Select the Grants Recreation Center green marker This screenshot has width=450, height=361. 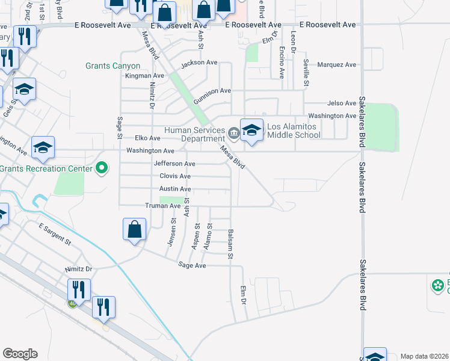tap(102, 168)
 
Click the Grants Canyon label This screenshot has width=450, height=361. tap(113, 66)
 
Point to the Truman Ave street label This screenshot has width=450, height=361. tap(162, 206)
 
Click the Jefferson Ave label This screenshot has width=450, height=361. tap(174, 164)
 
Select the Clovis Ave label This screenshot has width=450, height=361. tap(175, 176)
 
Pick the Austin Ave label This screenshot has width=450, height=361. tap(175, 189)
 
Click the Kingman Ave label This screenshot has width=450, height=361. tap(144, 76)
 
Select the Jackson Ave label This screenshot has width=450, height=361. tap(199, 63)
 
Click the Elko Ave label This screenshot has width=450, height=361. tap(147, 138)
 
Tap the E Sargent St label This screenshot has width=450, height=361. tap(54, 234)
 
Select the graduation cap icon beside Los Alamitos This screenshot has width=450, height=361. tap(251, 130)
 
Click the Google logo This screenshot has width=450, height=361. tap(20, 354)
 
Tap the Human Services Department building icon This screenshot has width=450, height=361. tap(233, 131)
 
